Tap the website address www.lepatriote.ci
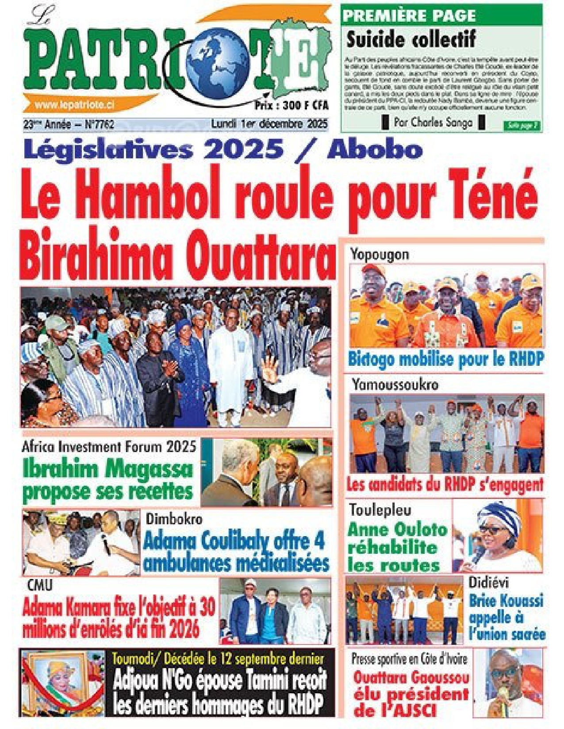[x=74, y=104]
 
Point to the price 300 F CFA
[x=292, y=105]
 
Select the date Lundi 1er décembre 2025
[x=269, y=124]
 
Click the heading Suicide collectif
[x=411, y=40]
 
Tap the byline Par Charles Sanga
[x=433, y=123]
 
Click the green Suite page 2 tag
[x=522, y=126]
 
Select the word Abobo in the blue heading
[x=375, y=150]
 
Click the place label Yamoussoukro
[x=395, y=385]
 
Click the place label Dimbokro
[x=174, y=518]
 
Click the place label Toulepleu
[x=380, y=510]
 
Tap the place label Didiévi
[x=488, y=583]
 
